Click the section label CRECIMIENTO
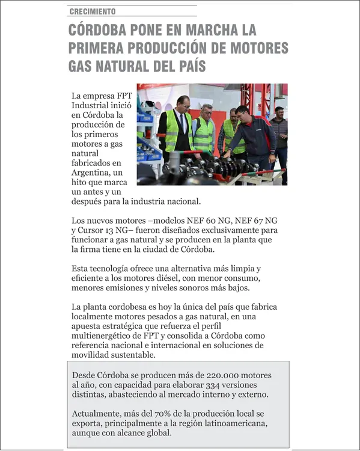[x=93, y=11]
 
